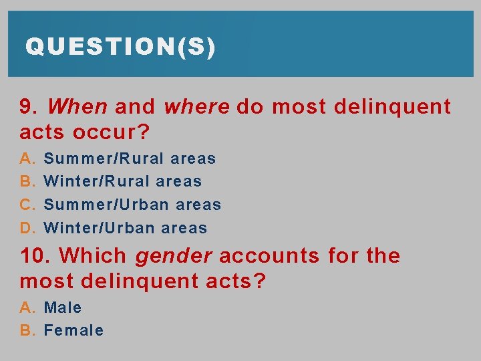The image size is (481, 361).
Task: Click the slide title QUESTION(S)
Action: click(120, 47)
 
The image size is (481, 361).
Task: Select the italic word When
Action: click(77, 107)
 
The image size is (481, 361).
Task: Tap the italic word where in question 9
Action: click(196, 107)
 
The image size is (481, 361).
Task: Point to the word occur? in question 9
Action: click(107, 132)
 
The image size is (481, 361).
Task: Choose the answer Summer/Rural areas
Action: click(130, 159)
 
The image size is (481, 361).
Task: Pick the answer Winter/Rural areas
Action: click(122, 182)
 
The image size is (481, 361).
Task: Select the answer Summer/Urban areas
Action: click(132, 205)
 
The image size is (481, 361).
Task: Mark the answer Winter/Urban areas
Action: click(125, 228)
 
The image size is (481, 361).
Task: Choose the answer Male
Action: click(63, 308)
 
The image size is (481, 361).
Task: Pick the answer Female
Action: click(73, 331)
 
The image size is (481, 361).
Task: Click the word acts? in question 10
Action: click(231, 282)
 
